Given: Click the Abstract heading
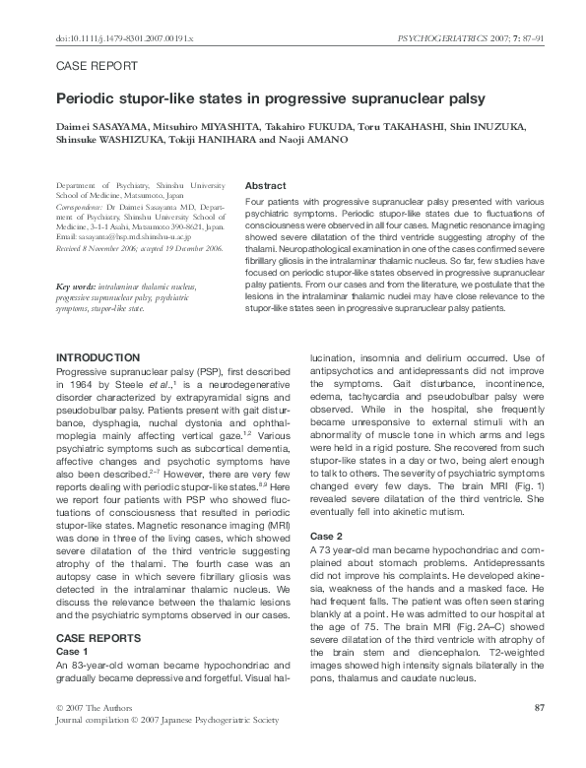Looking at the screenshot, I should pyautogui.click(x=265, y=185).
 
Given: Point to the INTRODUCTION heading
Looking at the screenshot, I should pyautogui.click(x=104, y=356).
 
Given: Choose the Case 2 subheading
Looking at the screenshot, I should pyautogui.click(x=326, y=536).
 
